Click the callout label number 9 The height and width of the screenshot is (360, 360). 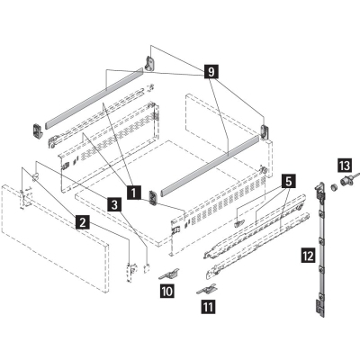pos(211,72)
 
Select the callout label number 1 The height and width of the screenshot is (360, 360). pos(134,193)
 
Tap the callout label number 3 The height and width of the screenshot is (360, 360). pos(114,205)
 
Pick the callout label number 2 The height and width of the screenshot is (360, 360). pos(83,222)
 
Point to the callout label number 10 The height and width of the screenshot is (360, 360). pos(167,291)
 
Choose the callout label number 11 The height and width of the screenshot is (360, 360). pos(208,307)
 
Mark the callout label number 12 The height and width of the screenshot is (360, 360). pos(308,256)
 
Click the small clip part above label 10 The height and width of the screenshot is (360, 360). pos(169,274)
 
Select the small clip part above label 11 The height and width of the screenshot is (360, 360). pos(207,290)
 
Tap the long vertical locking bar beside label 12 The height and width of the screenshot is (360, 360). pos(320,249)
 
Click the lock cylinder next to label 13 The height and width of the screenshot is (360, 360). pos(348,181)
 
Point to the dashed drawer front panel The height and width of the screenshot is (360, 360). pos(56,238)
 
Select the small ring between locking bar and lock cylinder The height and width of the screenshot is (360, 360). pos(333,187)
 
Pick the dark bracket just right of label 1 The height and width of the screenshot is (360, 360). pos(153,197)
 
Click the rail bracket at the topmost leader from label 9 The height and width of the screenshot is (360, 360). pos(150,63)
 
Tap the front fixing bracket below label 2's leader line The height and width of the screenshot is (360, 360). pos(131,271)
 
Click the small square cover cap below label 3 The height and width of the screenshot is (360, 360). pos(147,268)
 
